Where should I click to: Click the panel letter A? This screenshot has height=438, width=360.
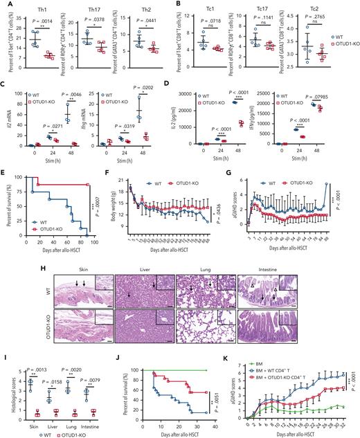pyautogui.click(x=4, y=4)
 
